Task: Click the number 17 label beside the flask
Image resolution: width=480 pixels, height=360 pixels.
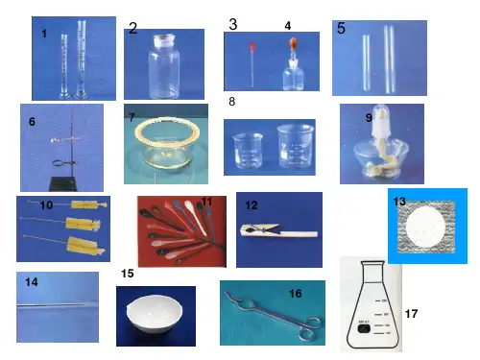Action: click(x=411, y=314)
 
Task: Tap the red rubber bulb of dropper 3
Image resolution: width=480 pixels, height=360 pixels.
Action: click(x=252, y=47)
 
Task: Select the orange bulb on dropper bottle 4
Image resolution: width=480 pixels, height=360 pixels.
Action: click(x=293, y=43)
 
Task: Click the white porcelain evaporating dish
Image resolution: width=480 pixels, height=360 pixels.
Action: click(x=155, y=314)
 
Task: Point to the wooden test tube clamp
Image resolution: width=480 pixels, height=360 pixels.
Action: click(x=278, y=230)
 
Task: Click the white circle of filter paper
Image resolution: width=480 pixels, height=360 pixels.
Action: click(x=425, y=228)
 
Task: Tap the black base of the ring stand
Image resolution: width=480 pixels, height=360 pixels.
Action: click(x=63, y=184)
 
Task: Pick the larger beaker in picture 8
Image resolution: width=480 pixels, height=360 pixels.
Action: click(x=296, y=146)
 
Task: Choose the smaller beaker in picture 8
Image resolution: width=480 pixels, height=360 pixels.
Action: click(x=248, y=151)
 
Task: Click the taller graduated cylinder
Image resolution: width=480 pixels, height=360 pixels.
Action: click(x=82, y=60)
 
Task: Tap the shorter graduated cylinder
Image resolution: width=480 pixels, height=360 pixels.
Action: click(x=65, y=66)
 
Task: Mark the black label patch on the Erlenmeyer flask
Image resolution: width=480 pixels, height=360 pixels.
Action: click(x=364, y=328)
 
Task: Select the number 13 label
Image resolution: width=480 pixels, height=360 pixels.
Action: click(x=399, y=202)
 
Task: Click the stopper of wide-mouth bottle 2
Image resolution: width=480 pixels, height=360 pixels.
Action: click(x=164, y=41)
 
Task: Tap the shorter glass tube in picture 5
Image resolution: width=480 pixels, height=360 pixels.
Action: click(x=367, y=62)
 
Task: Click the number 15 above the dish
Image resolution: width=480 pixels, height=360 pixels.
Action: click(x=128, y=274)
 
